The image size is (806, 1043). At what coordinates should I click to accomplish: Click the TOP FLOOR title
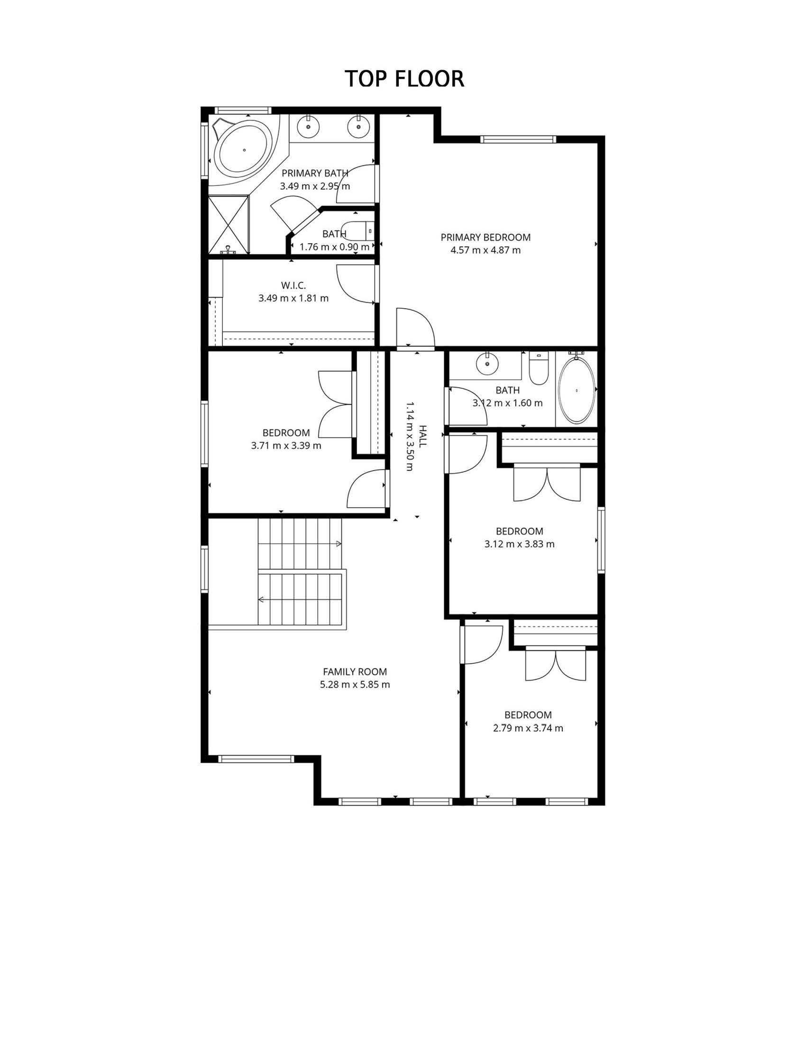coord(404,79)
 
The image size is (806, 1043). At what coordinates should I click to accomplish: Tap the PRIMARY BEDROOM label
coord(485,238)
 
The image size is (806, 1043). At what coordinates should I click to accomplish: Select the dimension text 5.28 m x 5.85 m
coord(355,684)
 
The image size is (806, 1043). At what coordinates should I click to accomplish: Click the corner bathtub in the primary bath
coord(243,149)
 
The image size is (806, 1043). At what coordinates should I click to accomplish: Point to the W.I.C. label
coord(293,285)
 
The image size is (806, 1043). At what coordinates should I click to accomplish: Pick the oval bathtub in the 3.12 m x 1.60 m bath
coord(577,390)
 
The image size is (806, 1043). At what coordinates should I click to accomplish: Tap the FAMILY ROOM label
coord(355,671)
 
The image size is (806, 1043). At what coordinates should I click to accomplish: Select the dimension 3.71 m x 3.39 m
coord(286,446)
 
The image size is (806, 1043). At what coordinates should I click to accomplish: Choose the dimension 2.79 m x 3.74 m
coord(528,728)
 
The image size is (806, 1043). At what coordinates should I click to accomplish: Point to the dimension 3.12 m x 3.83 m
coord(520,544)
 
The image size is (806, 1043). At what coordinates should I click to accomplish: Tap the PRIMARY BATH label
coord(315,173)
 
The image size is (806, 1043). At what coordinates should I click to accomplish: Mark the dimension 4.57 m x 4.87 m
coord(485,250)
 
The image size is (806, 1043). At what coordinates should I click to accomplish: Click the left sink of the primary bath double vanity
coord(309,127)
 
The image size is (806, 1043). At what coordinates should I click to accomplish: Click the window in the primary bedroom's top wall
coord(519,139)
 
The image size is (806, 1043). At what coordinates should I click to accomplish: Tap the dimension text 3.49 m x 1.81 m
coord(293,299)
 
